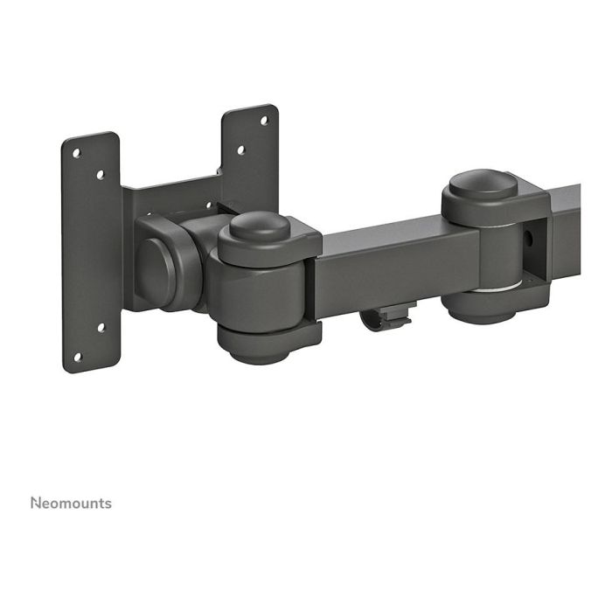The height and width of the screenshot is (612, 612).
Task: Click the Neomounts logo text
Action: coord(71,503)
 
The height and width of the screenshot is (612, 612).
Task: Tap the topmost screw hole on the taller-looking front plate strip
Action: coord(77,153)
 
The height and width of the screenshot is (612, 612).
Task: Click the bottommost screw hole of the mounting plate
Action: coord(77,356)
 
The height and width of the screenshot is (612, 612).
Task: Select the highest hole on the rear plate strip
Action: coord(264,120)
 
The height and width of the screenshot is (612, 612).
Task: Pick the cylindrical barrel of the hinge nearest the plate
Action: coord(262,293)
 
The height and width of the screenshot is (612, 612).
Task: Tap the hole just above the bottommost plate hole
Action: coord(100,328)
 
